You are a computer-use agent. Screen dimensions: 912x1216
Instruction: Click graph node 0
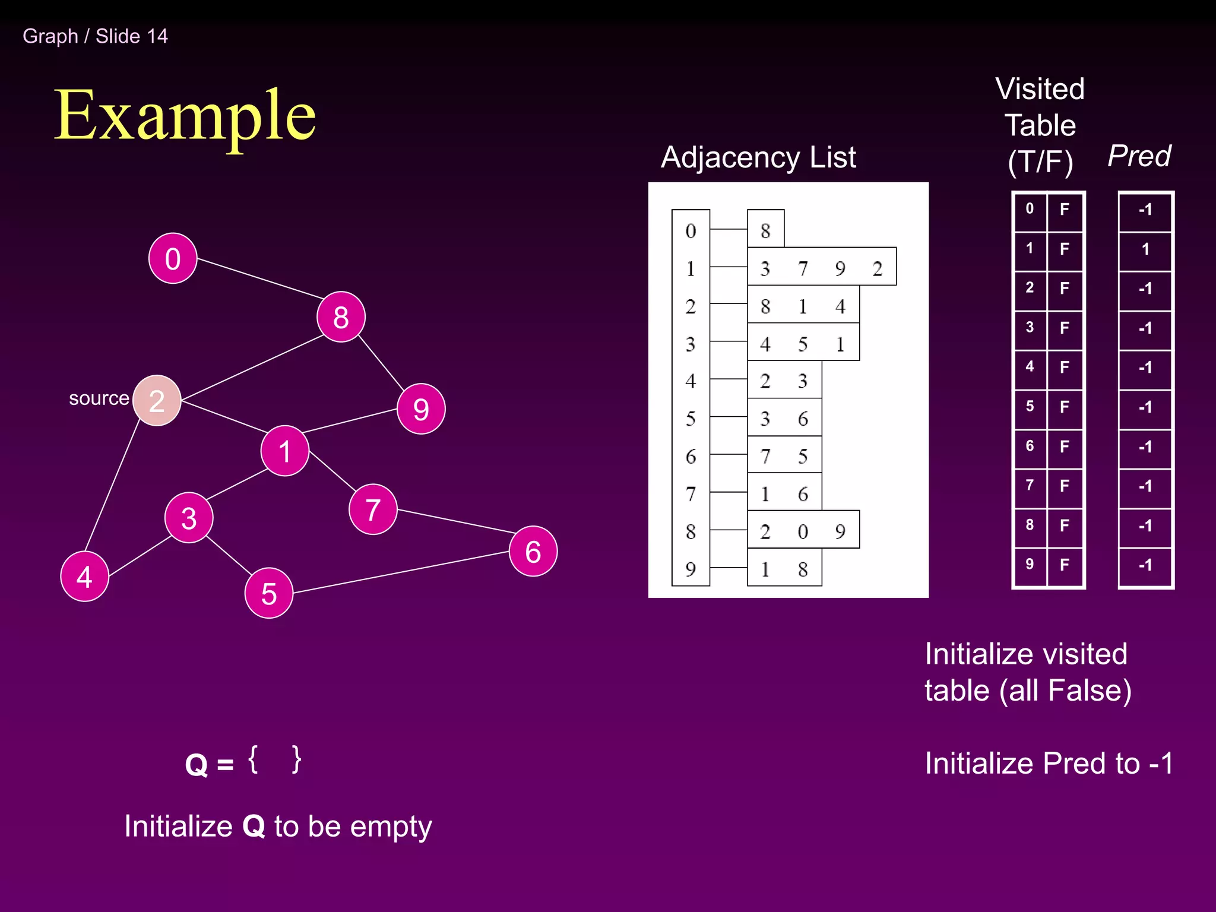pos(173,258)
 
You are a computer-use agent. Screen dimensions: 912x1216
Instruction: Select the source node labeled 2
pos(157,401)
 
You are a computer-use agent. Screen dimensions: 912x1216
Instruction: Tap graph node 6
pos(533,551)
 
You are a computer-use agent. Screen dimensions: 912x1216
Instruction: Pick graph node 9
pos(421,408)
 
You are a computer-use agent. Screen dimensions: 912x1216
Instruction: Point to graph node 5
pos(269,593)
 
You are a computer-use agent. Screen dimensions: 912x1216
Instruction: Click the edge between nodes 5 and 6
pos(401,572)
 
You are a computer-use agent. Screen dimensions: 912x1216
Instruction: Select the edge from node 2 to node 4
pos(113,485)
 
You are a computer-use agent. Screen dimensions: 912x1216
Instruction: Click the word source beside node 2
pos(99,398)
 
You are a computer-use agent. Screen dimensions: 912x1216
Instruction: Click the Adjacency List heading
pos(758,157)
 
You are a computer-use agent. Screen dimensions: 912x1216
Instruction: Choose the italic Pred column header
pos(1139,156)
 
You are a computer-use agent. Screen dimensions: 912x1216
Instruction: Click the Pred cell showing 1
pos(1145,249)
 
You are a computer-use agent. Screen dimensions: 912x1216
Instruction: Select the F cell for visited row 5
pos(1065,407)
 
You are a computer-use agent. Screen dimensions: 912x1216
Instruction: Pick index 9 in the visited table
pos(1030,564)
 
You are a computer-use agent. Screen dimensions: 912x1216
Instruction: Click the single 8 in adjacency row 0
pos(765,230)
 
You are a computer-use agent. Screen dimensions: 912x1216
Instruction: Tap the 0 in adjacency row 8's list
pos(803,531)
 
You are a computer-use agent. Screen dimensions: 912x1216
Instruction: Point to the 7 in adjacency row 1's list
pos(803,268)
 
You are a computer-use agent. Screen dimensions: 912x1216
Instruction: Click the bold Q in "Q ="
pos(197,765)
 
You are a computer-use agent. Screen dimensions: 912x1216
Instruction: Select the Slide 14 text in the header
pos(132,36)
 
